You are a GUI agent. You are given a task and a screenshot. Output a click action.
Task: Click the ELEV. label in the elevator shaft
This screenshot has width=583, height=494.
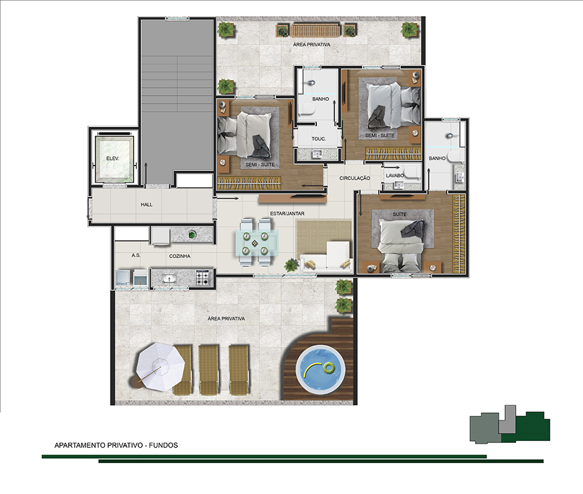click(112, 158)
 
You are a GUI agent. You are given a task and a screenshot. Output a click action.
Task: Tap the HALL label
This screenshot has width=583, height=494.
click(146, 204)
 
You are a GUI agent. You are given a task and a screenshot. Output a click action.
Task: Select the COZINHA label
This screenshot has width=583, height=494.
click(180, 256)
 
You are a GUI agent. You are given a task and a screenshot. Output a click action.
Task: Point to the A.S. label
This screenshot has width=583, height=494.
click(136, 256)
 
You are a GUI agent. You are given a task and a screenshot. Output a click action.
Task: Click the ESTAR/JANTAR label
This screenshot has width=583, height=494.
click(287, 214)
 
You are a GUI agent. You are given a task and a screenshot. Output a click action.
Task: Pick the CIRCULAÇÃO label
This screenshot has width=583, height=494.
click(354, 178)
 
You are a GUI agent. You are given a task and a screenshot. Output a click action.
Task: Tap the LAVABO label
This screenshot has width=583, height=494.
click(395, 175)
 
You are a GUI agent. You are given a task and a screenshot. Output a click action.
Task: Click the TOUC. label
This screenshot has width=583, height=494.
click(319, 139)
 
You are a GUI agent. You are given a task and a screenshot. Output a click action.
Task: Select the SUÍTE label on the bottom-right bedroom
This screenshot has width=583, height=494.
click(400, 214)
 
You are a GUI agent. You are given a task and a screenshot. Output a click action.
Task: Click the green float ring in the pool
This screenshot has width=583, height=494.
click(329, 368)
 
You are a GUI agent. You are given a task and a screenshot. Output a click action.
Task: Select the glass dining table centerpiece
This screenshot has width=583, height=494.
click(254, 243)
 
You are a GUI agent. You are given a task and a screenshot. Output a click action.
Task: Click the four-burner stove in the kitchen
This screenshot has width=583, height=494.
click(203, 277)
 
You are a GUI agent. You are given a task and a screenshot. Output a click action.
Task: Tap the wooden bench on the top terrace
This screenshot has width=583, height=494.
click(316, 30)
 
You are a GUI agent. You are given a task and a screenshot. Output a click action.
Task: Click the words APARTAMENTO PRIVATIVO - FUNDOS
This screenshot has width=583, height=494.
click(116, 445)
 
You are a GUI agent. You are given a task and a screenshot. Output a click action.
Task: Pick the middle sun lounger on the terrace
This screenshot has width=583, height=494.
click(209, 369)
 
